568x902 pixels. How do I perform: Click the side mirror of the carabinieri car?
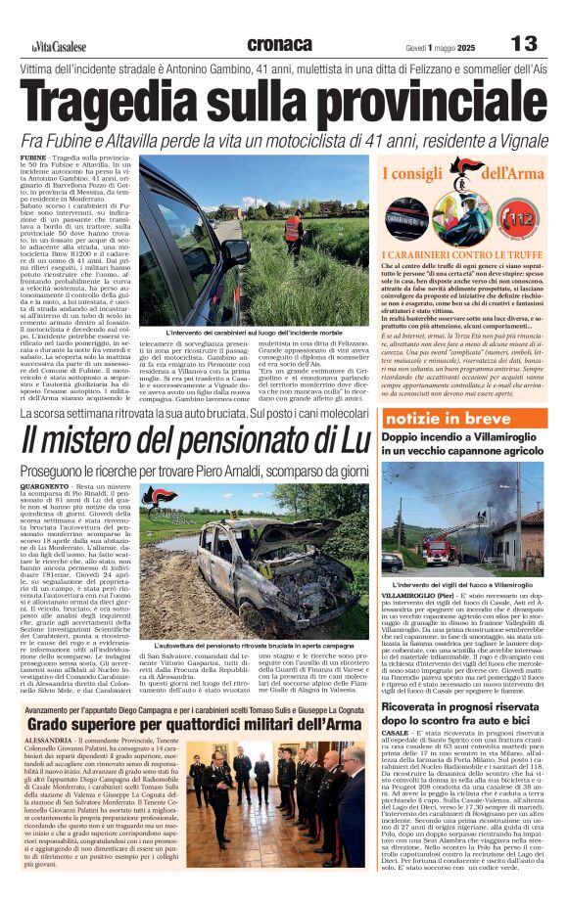pyautogui.click(x=235, y=250)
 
